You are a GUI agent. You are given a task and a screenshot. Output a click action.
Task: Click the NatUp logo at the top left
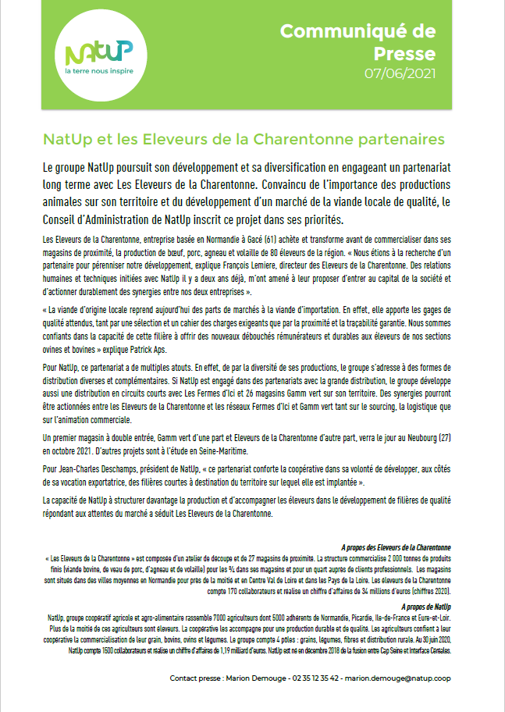(x=98, y=53)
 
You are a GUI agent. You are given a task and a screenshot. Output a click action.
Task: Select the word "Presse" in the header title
(x=406, y=54)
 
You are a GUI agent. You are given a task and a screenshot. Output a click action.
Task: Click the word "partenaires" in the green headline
(x=400, y=139)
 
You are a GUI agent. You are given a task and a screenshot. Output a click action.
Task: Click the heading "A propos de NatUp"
(x=429, y=606)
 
